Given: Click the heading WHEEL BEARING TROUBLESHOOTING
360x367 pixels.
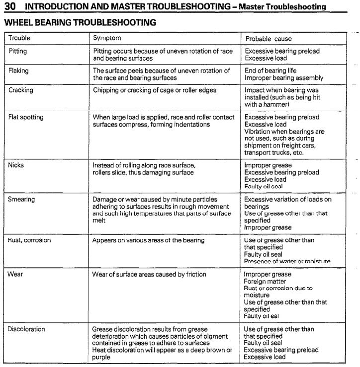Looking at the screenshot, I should [x=80, y=22].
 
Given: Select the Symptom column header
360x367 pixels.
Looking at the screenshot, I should [x=107, y=38].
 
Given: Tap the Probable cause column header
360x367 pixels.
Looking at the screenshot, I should [x=268, y=39].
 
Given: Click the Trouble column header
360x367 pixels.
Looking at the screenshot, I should [x=19, y=38].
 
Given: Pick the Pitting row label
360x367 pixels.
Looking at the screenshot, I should [x=18, y=51].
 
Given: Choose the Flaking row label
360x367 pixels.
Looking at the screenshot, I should [x=19, y=71].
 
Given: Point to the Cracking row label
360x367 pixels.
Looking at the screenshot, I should [x=21, y=90].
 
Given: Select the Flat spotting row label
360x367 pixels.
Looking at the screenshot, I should [x=26, y=117].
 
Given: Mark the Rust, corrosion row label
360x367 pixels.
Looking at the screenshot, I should [x=29, y=240].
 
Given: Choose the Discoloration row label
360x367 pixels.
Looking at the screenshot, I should [x=27, y=329].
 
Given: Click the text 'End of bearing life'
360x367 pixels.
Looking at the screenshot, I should [x=270, y=71].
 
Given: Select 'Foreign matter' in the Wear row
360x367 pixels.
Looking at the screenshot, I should [x=265, y=282].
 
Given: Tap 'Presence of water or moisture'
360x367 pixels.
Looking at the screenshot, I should [x=287, y=261].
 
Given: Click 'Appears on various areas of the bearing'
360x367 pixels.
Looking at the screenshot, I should [x=148, y=240].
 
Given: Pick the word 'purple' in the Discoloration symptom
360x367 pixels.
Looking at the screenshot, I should [x=101, y=357].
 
